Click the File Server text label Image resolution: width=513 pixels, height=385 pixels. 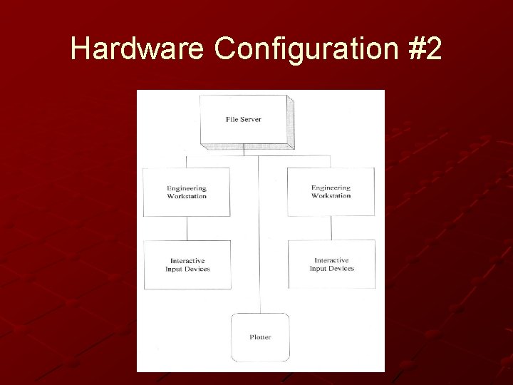(243, 119)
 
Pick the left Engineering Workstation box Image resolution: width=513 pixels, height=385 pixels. (187, 192)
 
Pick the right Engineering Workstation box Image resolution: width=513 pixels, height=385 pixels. (331, 192)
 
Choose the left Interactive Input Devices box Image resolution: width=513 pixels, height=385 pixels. (187, 265)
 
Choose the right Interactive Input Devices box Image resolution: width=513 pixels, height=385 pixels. (331, 264)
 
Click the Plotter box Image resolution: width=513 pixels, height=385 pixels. (260, 337)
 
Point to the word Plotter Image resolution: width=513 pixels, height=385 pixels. (260, 337)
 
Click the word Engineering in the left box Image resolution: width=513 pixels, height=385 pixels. (187, 188)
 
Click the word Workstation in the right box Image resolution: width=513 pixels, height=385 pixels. (331, 195)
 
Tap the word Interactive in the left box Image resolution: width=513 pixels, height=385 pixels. (187, 261)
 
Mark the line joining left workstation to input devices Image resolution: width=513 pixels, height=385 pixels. (187, 228)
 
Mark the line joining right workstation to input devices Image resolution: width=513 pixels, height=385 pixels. (331, 227)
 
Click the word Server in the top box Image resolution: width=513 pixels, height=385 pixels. (251, 119)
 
